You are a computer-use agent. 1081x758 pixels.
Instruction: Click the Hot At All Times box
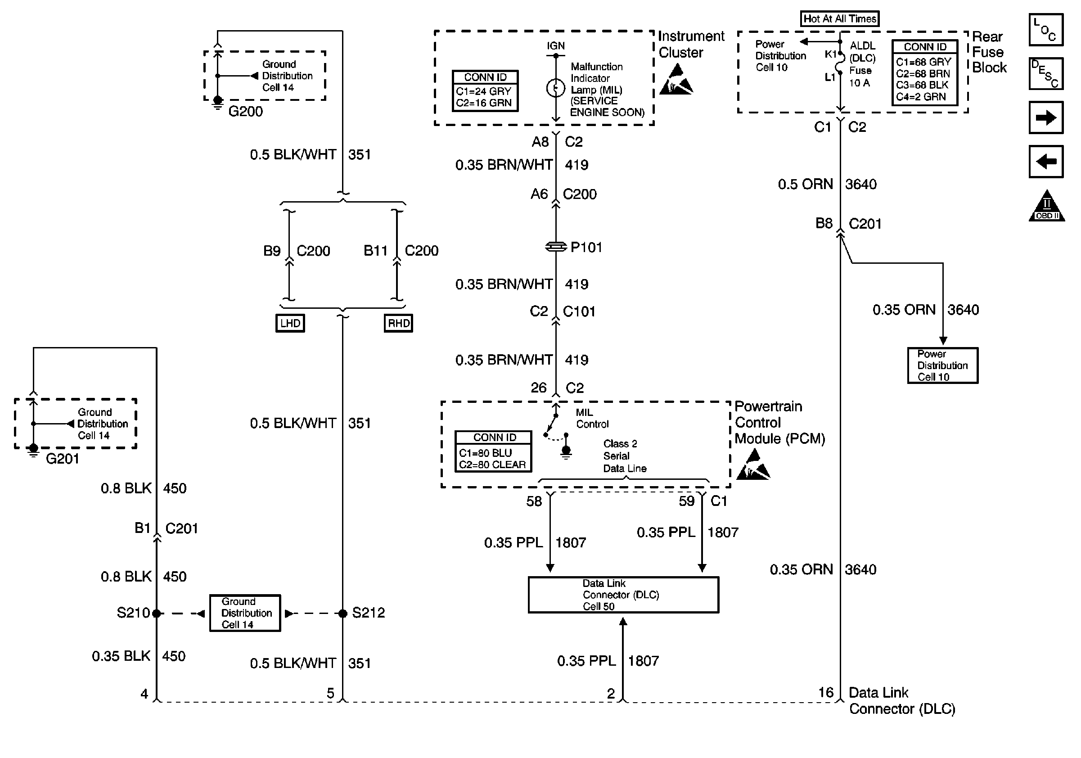point(839,19)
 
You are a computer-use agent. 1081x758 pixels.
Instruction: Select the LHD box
point(290,324)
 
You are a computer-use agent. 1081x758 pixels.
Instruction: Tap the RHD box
point(398,324)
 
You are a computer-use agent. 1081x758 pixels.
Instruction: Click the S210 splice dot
point(156,613)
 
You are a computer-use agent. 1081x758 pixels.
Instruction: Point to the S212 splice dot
point(343,613)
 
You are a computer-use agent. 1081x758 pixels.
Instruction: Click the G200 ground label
point(245,112)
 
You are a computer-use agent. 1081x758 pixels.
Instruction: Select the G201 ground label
point(62,459)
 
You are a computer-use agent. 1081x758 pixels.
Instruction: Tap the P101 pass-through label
point(586,247)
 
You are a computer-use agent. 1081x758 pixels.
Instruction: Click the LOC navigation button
point(1046,30)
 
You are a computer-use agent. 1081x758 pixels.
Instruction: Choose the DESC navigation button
point(1046,73)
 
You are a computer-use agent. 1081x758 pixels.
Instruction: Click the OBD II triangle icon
point(1047,205)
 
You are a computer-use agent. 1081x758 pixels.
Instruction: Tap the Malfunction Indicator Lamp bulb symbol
point(555,88)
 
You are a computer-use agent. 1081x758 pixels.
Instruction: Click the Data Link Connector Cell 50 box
point(623,595)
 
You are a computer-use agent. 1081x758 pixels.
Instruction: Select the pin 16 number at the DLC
point(826,693)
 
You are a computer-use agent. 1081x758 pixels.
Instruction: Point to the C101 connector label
point(579,311)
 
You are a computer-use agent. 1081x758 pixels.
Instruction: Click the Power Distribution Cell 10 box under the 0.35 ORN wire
point(942,365)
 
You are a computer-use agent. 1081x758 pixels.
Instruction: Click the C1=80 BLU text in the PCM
point(485,453)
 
